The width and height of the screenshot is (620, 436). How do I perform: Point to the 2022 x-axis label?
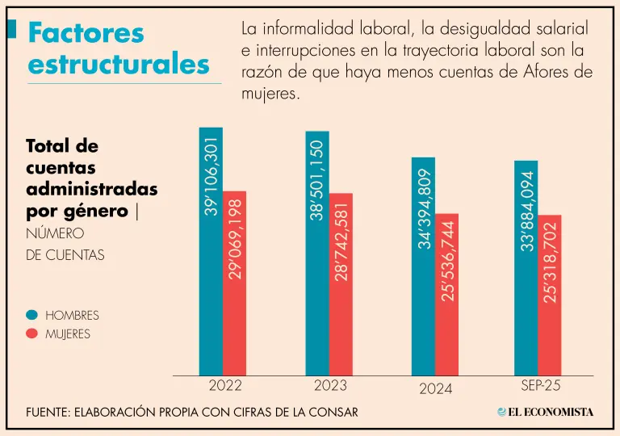(x=224, y=386)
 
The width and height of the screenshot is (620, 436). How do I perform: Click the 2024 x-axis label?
(x=436, y=388)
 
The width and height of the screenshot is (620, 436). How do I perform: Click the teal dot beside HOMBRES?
(x=32, y=315)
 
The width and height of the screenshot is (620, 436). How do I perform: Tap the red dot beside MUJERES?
(x=32, y=333)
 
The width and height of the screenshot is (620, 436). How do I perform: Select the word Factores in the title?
(x=86, y=33)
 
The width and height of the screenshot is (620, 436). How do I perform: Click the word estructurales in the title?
(x=118, y=64)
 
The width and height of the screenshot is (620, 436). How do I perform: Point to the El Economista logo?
(x=546, y=412)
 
